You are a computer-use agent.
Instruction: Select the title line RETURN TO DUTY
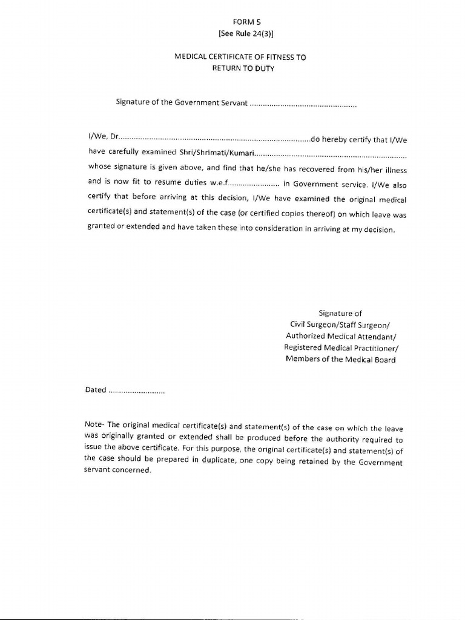[243, 68]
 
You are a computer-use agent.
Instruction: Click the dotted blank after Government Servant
[303, 104]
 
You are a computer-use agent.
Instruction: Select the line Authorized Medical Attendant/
[341, 336]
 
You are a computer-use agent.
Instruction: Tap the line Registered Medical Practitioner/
[341, 348]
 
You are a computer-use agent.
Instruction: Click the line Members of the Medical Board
[341, 360]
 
